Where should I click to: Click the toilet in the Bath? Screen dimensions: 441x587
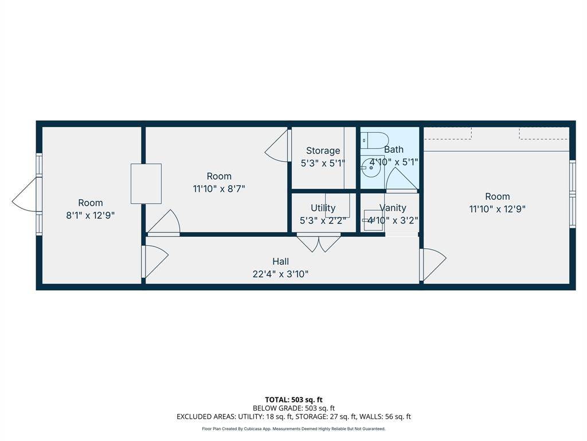coord(375,140)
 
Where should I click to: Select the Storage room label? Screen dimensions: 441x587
coord(323,150)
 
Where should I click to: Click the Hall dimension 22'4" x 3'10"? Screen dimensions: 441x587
coord(280,274)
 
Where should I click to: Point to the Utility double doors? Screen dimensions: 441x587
coord(319,242)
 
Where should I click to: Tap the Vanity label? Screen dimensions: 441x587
coord(393,208)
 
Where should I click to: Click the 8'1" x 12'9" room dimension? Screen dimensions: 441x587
coord(91,215)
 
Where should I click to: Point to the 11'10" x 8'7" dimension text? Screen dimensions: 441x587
coord(219,188)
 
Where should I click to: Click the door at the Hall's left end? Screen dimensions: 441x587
coord(155,261)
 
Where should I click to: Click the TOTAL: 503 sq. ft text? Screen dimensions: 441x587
coord(293,400)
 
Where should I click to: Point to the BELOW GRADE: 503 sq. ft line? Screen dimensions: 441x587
coord(293,408)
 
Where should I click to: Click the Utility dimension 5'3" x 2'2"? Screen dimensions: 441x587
coord(323,220)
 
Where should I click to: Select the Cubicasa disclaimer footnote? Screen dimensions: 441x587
coord(293,429)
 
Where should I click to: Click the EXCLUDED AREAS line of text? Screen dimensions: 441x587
coord(293,417)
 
